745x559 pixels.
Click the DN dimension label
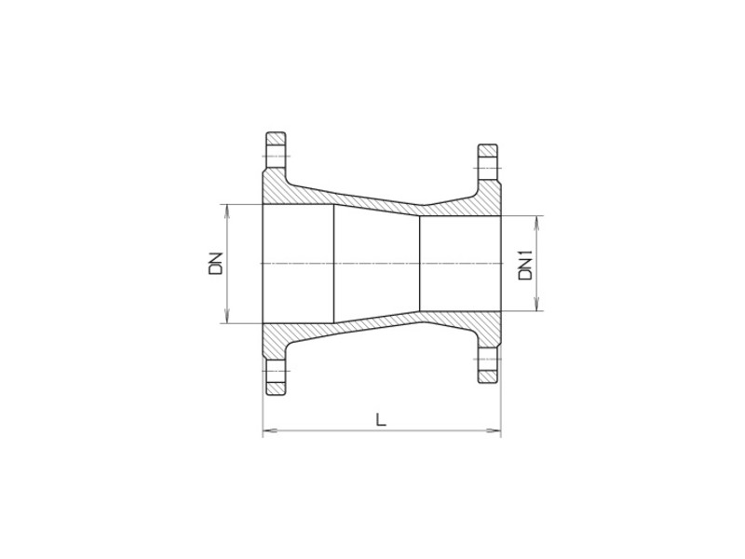pyautogui.click(x=215, y=264)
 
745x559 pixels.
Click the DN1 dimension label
pyautogui.click(x=524, y=264)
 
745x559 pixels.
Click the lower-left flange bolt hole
pyautogui.click(x=275, y=378)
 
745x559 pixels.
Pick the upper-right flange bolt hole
pyautogui.click(x=489, y=162)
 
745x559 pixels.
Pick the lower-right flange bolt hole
pyautogui.click(x=489, y=365)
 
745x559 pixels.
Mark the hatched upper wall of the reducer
pyautogui.click(x=372, y=197)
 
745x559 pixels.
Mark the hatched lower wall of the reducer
pyautogui.click(x=372, y=331)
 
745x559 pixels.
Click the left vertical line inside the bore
pyautogui.click(x=333, y=264)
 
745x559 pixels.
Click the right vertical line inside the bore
pyautogui.click(x=421, y=264)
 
